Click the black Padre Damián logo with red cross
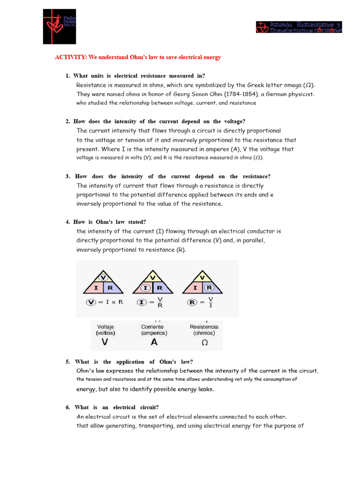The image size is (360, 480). pyautogui.click(x=59, y=26)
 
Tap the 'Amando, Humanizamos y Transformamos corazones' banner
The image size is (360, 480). pyautogui.click(x=299, y=27)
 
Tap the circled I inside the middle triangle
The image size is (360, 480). pyautogui.click(x=146, y=287)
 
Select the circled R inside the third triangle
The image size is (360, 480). pyautogui.click(x=210, y=287)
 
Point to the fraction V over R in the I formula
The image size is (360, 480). pyautogui.click(x=160, y=303)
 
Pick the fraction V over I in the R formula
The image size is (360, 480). pyautogui.click(x=210, y=303)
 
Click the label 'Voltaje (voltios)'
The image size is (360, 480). pyautogui.click(x=105, y=330)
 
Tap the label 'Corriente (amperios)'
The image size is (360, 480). pyautogui.click(x=154, y=330)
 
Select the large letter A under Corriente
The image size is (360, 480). pyautogui.click(x=154, y=342)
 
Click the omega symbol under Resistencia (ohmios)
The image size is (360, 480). pyautogui.click(x=204, y=343)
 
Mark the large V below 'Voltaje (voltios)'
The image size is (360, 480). pyautogui.click(x=105, y=342)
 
